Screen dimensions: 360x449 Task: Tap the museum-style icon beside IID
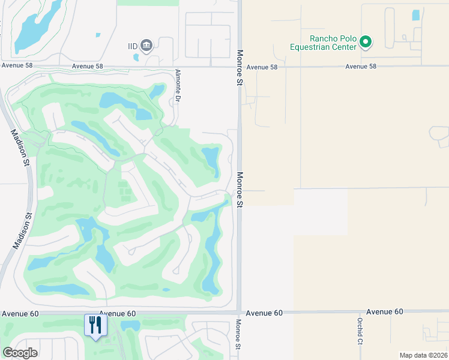(146, 45)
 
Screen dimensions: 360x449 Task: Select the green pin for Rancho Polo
(366, 42)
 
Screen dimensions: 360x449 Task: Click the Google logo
(20, 352)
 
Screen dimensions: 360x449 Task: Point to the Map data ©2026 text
(423, 355)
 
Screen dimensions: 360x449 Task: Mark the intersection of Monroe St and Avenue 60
(239, 313)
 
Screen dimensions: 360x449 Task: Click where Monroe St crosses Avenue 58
(239, 67)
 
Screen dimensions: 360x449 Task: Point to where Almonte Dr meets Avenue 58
(174, 67)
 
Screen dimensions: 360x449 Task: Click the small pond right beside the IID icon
(136, 58)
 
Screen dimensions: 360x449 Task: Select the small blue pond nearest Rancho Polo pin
(415, 16)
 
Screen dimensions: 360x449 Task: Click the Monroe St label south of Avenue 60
(238, 334)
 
